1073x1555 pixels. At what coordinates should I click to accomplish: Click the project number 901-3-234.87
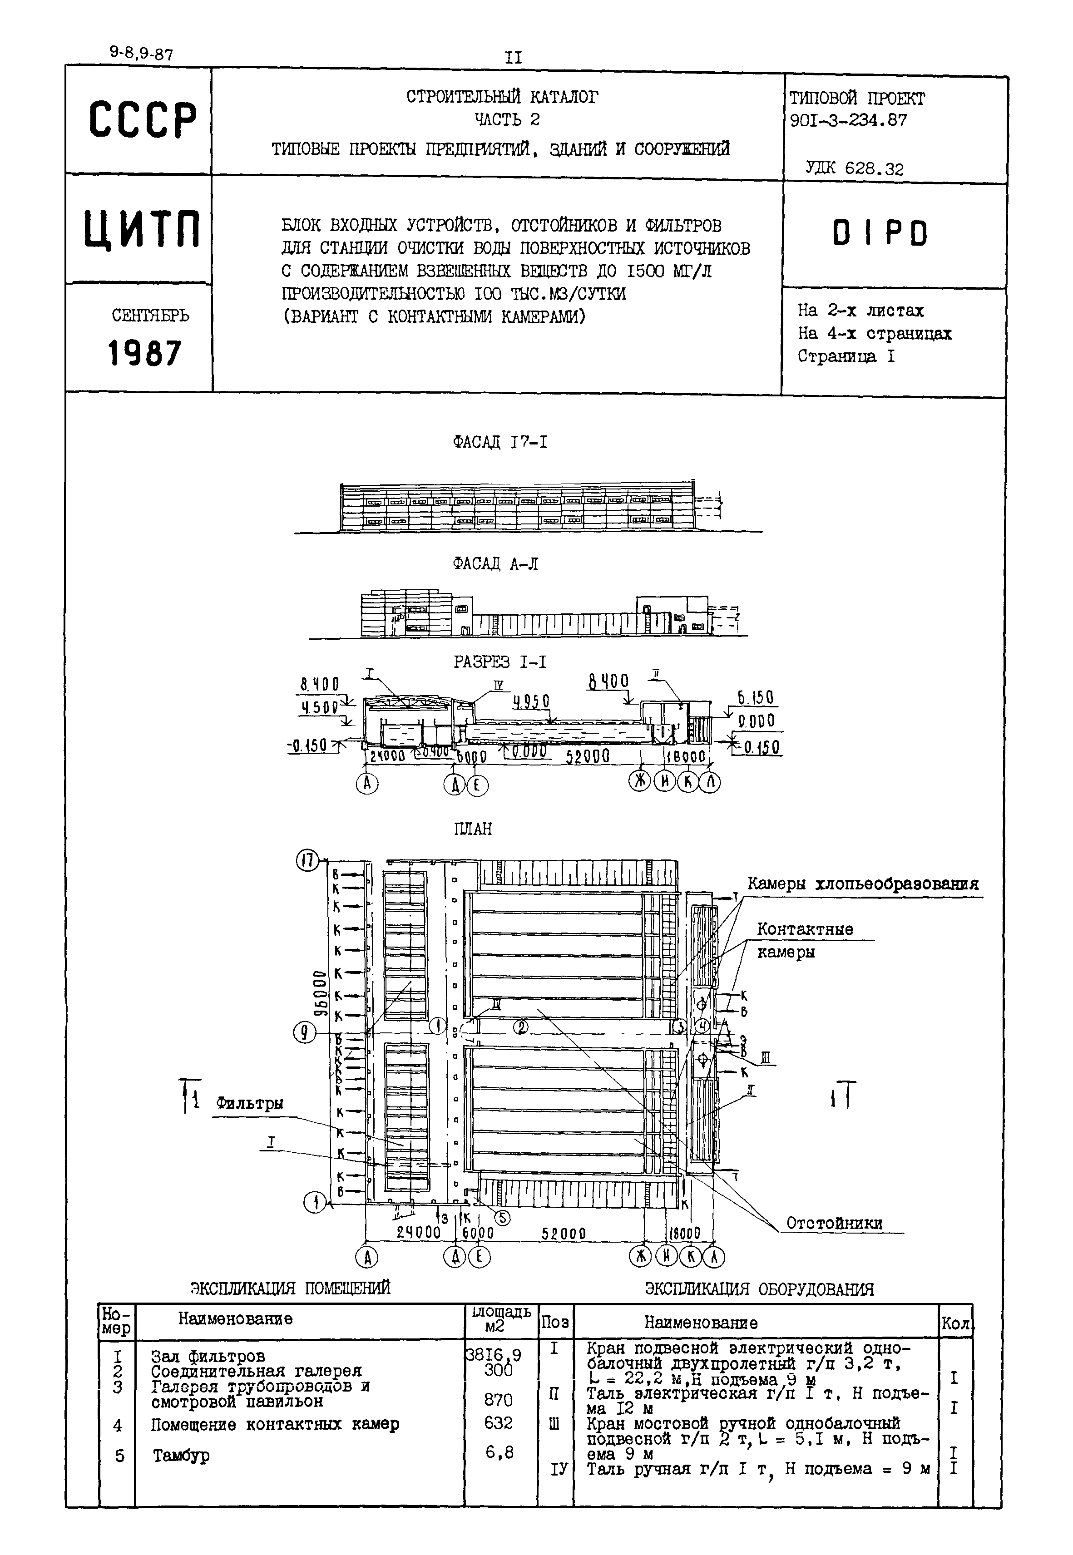click(848, 121)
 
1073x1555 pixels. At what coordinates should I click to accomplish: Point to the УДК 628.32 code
click(855, 169)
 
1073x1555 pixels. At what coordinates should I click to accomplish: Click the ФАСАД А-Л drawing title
click(495, 564)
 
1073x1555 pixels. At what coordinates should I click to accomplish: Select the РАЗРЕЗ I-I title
click(499, 662)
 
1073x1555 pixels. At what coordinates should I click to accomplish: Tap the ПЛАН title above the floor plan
click(473, 829)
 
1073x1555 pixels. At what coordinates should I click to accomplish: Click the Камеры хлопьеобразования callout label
click(863, 884)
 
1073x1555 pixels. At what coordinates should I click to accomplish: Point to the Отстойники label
click(834, 1224)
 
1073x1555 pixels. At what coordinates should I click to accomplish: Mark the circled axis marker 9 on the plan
click(305, 1033)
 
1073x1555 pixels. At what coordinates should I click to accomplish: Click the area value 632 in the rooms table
click(498, 1423)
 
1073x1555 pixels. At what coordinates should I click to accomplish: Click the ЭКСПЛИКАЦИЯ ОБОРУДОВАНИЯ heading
click(759, 1289)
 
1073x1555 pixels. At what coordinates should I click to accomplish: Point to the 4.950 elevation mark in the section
click(531, 701)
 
